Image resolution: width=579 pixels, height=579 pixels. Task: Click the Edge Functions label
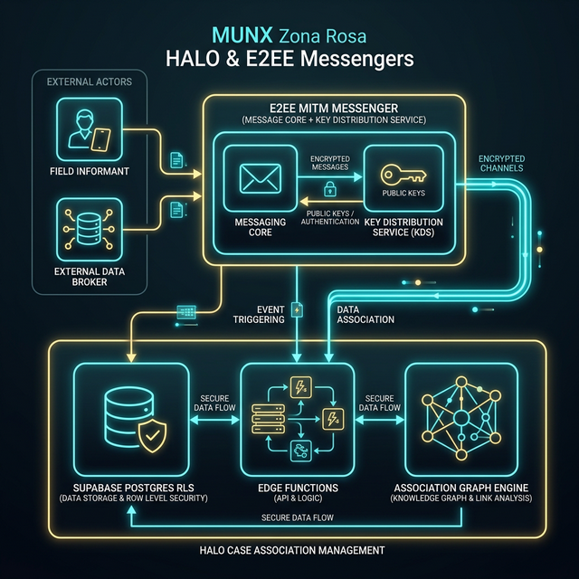click(x=298, y=488)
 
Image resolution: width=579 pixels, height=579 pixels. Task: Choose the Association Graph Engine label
click(x=462, y=488)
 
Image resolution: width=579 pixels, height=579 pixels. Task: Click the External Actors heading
click(x=89, y=82)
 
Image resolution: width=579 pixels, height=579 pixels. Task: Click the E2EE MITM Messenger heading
click(x=334, y=109)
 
